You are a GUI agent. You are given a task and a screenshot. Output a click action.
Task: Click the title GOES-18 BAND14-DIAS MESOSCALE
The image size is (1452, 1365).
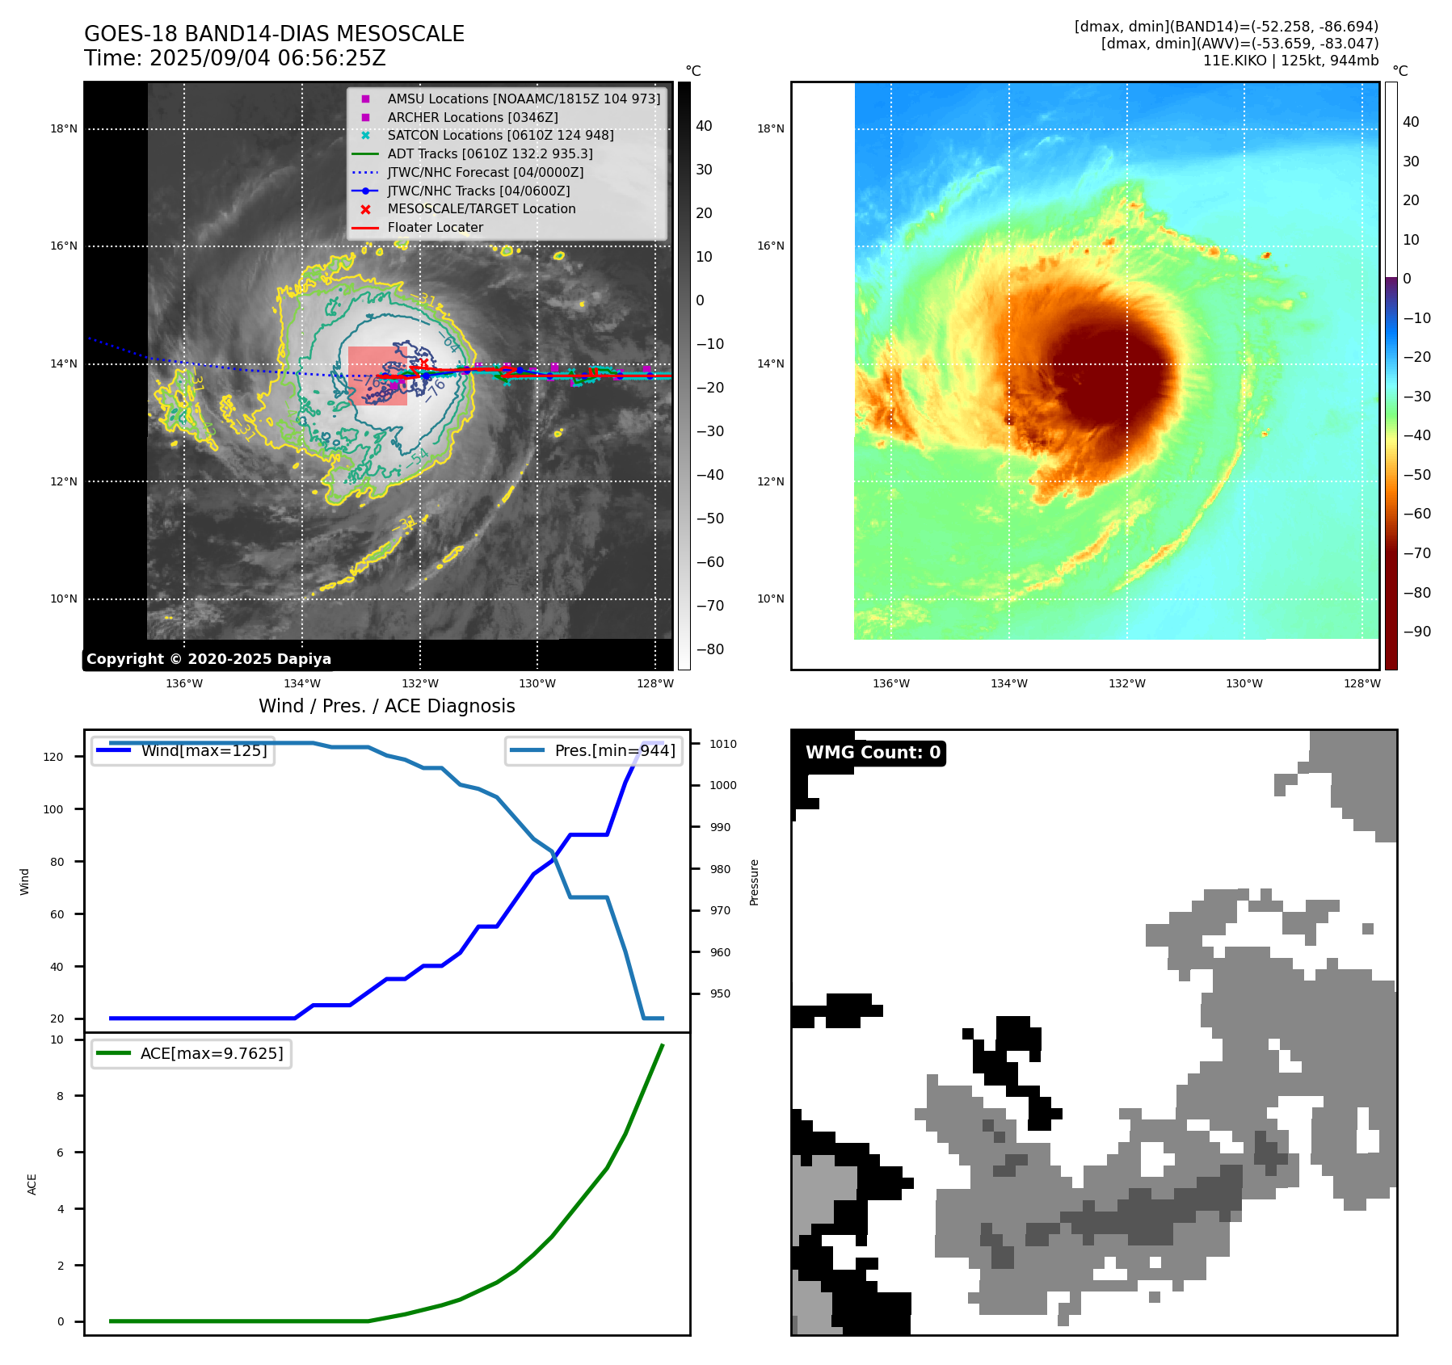[274, 34]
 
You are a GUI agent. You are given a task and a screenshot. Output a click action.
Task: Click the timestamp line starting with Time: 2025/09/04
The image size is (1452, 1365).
[235, 58]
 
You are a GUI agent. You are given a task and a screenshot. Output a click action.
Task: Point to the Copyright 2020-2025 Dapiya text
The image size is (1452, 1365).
[208, 659]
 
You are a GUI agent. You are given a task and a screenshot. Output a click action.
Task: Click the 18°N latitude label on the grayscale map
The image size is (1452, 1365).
[64, 128]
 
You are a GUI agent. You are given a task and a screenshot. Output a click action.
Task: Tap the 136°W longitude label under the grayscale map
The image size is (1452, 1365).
[184, 683]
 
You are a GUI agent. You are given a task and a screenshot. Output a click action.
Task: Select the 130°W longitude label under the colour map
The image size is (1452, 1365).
[1244, 683]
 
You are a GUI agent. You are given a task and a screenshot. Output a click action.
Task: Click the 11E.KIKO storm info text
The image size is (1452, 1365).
[1290, 61]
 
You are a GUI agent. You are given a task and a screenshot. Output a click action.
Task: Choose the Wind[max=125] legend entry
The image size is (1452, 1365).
[204, 750]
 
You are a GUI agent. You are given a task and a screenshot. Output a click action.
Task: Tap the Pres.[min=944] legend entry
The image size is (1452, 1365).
[614, 750]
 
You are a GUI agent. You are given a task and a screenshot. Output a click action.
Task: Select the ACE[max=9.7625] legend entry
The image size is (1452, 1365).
[212, 1053]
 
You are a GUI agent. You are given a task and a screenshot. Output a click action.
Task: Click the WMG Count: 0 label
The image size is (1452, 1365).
[873, 753]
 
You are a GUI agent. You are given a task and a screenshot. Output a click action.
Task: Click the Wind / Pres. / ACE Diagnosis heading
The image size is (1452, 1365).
[386, 706]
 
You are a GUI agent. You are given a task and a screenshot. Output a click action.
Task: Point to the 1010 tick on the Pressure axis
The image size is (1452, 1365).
[723, 744]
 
